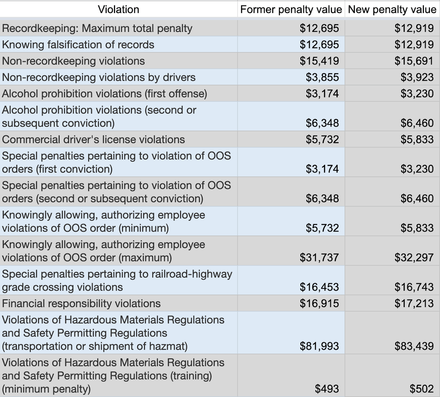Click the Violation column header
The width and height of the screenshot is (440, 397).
tap(119, 9)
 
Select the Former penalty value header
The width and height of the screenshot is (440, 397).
tap(291, 9)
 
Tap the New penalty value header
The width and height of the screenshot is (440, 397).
tap(392, 9)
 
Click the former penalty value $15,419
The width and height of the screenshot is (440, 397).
tap(319, 61)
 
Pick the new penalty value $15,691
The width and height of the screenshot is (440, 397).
tap(414, 61)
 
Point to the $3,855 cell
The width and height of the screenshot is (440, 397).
tap(322, 77)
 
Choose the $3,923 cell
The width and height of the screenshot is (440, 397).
tap(417, 77)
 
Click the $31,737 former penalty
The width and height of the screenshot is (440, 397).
tap(319, 258)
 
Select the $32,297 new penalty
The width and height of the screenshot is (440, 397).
tap(414, 258)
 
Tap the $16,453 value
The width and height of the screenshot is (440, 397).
tap(319, 287)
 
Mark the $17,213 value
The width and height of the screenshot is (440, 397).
tap(414, 303)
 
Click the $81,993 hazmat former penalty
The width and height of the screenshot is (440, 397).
tap(319, 346)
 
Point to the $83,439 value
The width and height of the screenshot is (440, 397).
tap(414, 346)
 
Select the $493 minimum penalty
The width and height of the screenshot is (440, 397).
tap(327, 389)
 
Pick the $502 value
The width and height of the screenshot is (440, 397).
tap(421, 389)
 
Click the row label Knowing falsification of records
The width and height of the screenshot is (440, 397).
tap(78, 45)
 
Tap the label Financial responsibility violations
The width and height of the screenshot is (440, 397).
tap(81, 303)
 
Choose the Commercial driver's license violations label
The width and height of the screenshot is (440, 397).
tap(93, 139)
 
